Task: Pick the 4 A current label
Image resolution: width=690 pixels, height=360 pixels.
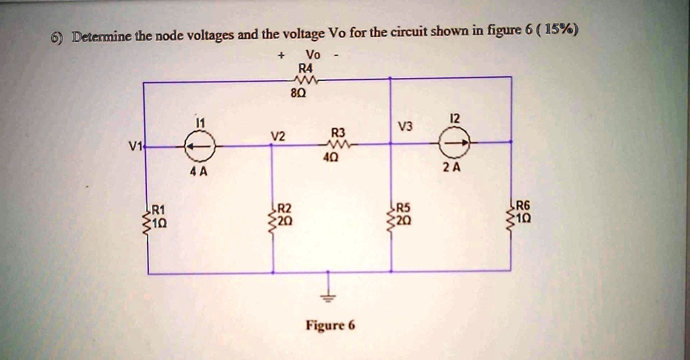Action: (x=199, y=171)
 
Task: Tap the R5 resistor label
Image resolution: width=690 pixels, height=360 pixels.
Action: (x=402, y=208)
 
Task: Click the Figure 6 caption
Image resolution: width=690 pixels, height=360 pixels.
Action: (x=330, y=326)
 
